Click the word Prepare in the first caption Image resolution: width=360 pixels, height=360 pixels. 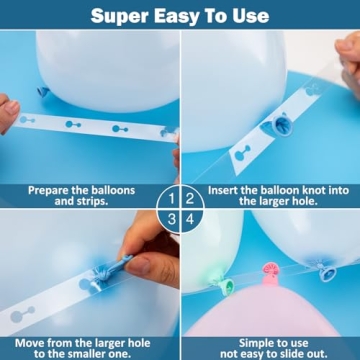pos(51,188)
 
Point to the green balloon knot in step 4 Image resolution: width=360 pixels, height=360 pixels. pos(226,286)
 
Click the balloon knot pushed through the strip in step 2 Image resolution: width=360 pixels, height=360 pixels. pos(282,124)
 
